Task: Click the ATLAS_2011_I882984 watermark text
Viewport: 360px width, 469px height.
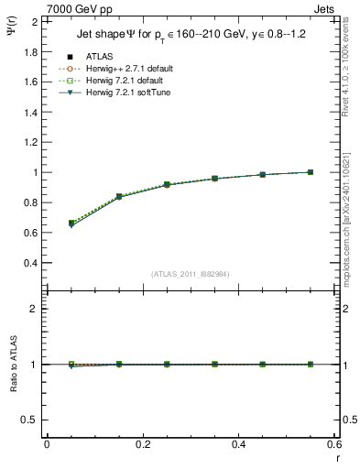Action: click(191, 273)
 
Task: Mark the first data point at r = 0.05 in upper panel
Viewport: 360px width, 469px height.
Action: click(71, 223)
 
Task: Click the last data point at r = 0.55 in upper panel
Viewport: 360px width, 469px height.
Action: click(311, 172)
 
